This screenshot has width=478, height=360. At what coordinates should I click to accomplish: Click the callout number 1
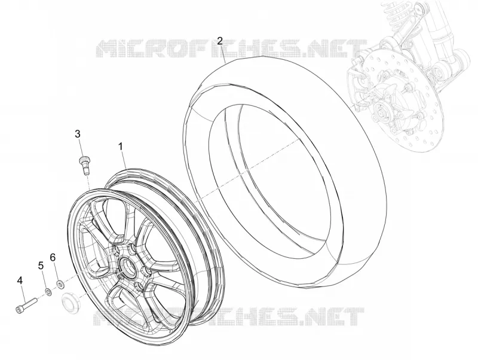click(x=121, y=147)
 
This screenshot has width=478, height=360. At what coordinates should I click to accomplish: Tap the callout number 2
click(x=220, y=41)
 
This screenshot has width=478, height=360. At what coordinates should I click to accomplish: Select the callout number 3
click(x=78, y=133)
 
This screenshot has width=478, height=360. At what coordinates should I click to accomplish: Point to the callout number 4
click(x=20, y=280)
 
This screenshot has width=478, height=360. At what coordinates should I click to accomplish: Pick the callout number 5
click(x=41, y=266)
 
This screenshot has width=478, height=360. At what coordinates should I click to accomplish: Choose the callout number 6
click(x=53, y=258)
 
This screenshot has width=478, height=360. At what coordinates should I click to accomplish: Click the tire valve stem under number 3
click(x=84, y=164)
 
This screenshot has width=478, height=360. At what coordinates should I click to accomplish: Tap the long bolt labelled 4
click(x=26, y=306)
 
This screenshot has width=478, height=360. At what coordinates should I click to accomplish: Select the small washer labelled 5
click(x=48, y=292)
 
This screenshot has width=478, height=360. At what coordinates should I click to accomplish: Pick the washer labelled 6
click(x=60, y=285)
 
